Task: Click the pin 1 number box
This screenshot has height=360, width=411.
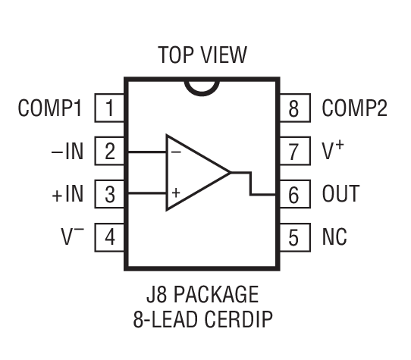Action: [109, 108]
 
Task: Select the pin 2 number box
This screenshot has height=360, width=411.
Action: [109, 152]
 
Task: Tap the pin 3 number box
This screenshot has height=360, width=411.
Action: [109, 195]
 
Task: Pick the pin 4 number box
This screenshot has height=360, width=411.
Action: [109, 238]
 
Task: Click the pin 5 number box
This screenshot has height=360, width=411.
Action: [295, 238]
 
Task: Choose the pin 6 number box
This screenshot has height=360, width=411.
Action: [295, 195]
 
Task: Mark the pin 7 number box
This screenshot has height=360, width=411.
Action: [295, 152]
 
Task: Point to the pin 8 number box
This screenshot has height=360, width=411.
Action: [295, 108]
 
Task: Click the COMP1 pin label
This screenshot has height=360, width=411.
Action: [49, 108]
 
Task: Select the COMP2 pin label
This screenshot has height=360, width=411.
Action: [355, 108]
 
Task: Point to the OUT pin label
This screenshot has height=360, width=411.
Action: [341, 195]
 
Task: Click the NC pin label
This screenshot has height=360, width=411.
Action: [334, 238]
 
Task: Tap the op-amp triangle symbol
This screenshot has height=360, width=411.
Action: [193, 173]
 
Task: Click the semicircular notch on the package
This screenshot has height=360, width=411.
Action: [202, 85]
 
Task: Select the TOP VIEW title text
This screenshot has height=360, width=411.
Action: [202, 55]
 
